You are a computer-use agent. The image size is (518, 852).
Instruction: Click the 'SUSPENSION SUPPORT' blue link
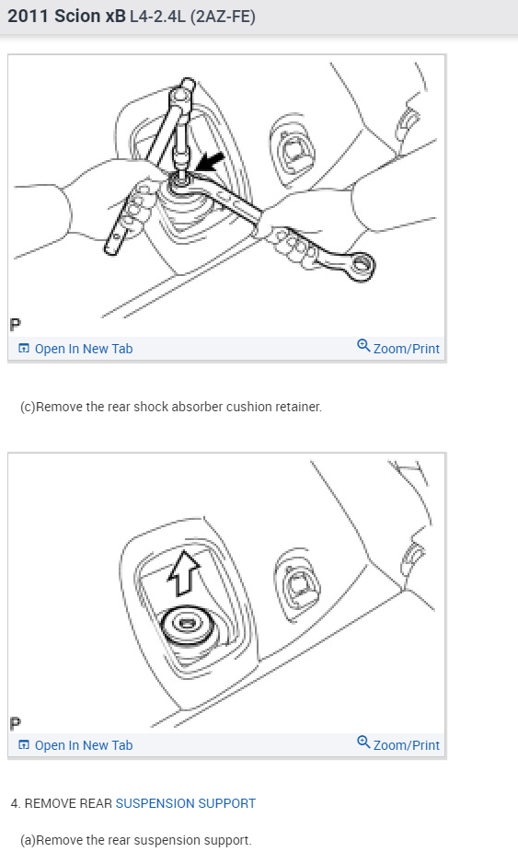185,803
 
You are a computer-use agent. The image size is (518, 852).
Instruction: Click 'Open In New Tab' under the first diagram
83,349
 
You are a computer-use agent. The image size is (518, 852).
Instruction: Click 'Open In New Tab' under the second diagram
83,745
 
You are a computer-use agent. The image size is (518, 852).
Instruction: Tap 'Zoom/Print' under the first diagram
406,349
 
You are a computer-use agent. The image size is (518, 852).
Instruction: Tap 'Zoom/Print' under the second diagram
406,745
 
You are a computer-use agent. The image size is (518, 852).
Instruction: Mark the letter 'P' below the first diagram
16,324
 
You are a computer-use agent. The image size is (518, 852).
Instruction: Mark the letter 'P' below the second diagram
16,721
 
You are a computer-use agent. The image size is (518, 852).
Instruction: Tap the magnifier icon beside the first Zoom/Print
363,347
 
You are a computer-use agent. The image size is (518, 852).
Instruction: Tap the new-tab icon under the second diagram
24,745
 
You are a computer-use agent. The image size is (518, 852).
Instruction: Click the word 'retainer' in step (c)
297,407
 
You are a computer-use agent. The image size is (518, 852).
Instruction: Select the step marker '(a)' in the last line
29,840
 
